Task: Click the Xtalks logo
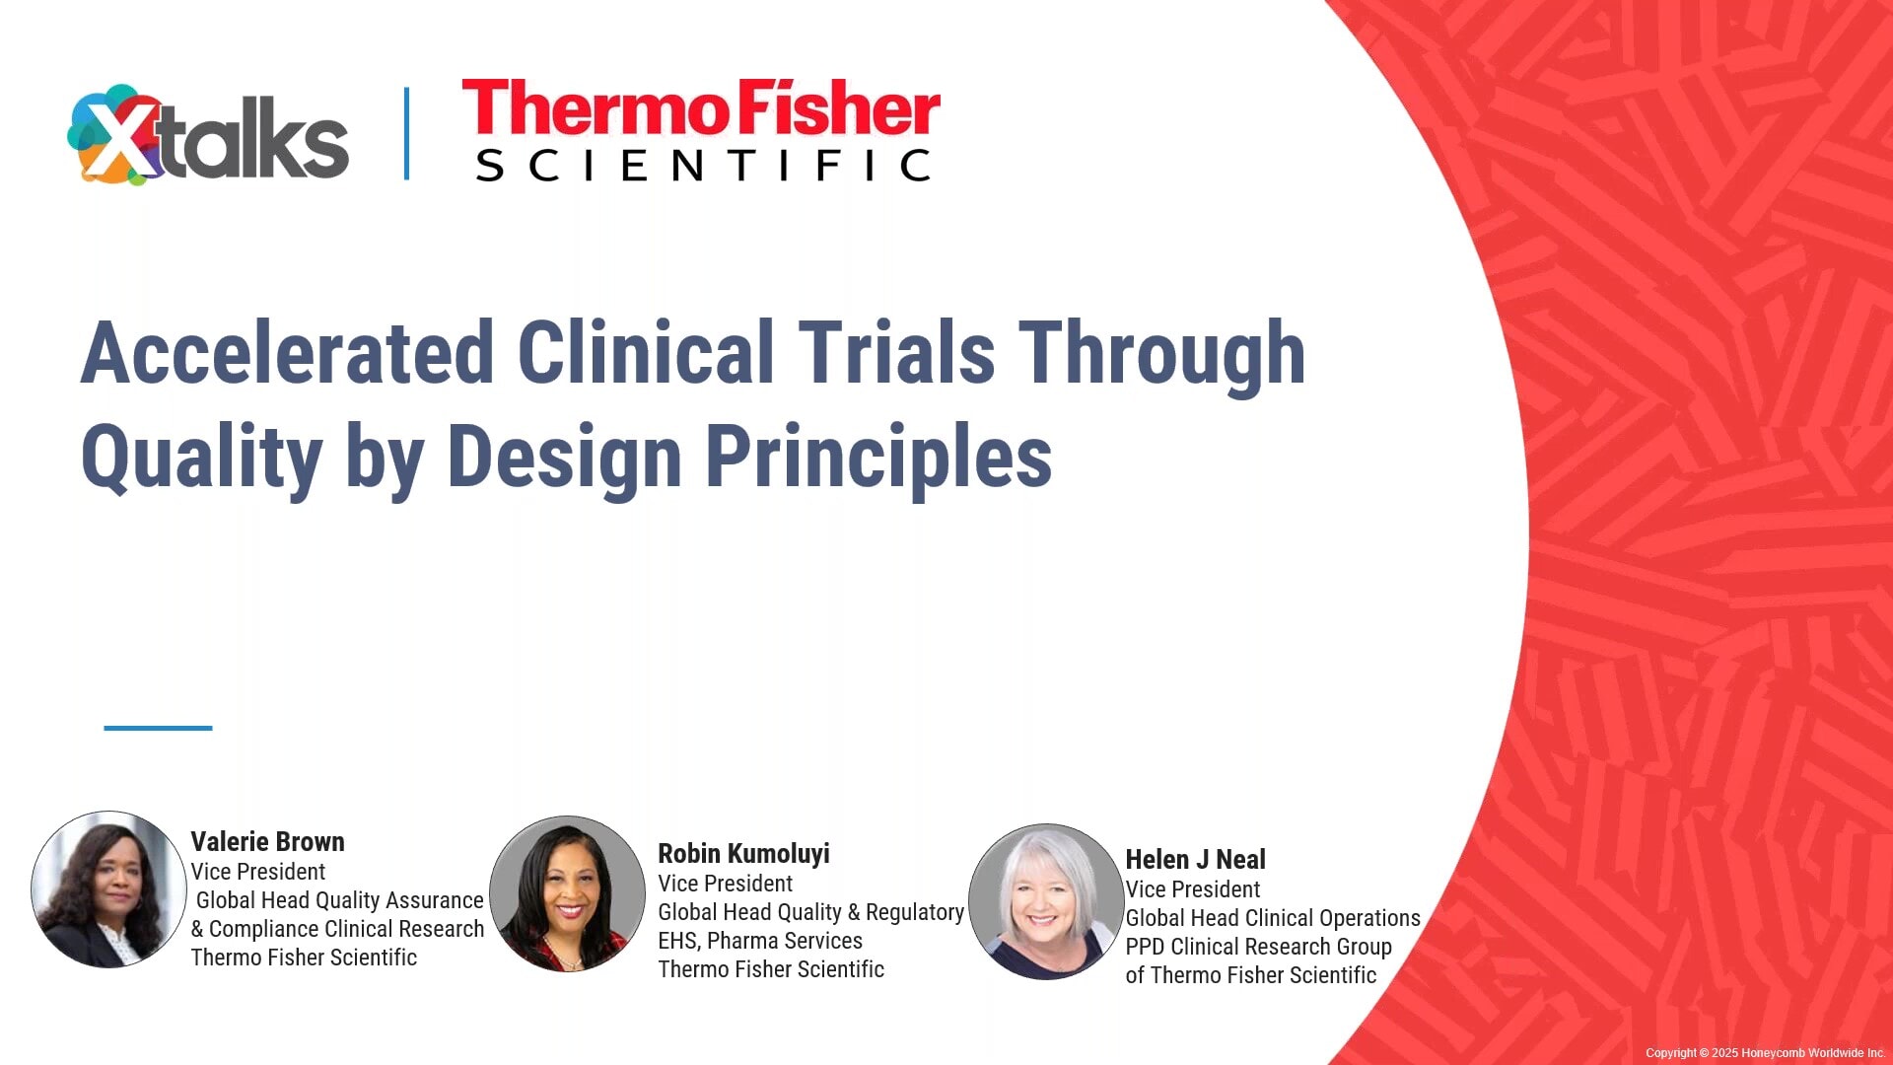tap(208, 136)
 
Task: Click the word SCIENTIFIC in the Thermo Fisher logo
tap(702, 166)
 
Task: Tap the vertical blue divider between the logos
tap(406, 134)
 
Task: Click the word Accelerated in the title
tap(287, 353)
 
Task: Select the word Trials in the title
tap(896, 353)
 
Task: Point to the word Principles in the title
tap(877, 457)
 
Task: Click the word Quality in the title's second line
tap(201, 459)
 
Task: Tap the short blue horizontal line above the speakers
tap(158, 728)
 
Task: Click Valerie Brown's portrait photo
tap(108, 889)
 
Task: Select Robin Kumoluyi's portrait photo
tap(567, 894)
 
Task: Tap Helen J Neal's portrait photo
tap(1046, 901)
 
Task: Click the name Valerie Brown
tap(267, 842)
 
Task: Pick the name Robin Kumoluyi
tap(743, 854)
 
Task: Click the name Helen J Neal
tap(1195, 860)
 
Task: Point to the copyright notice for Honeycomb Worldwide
tap(1764, 1053)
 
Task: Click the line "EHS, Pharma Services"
tap(760, 941)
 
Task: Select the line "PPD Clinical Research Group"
tap(1258, 947)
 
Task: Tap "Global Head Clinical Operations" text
tap(1273, 918)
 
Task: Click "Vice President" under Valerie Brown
tap(258, 872)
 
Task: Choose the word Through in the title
tap(1161, 353)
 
